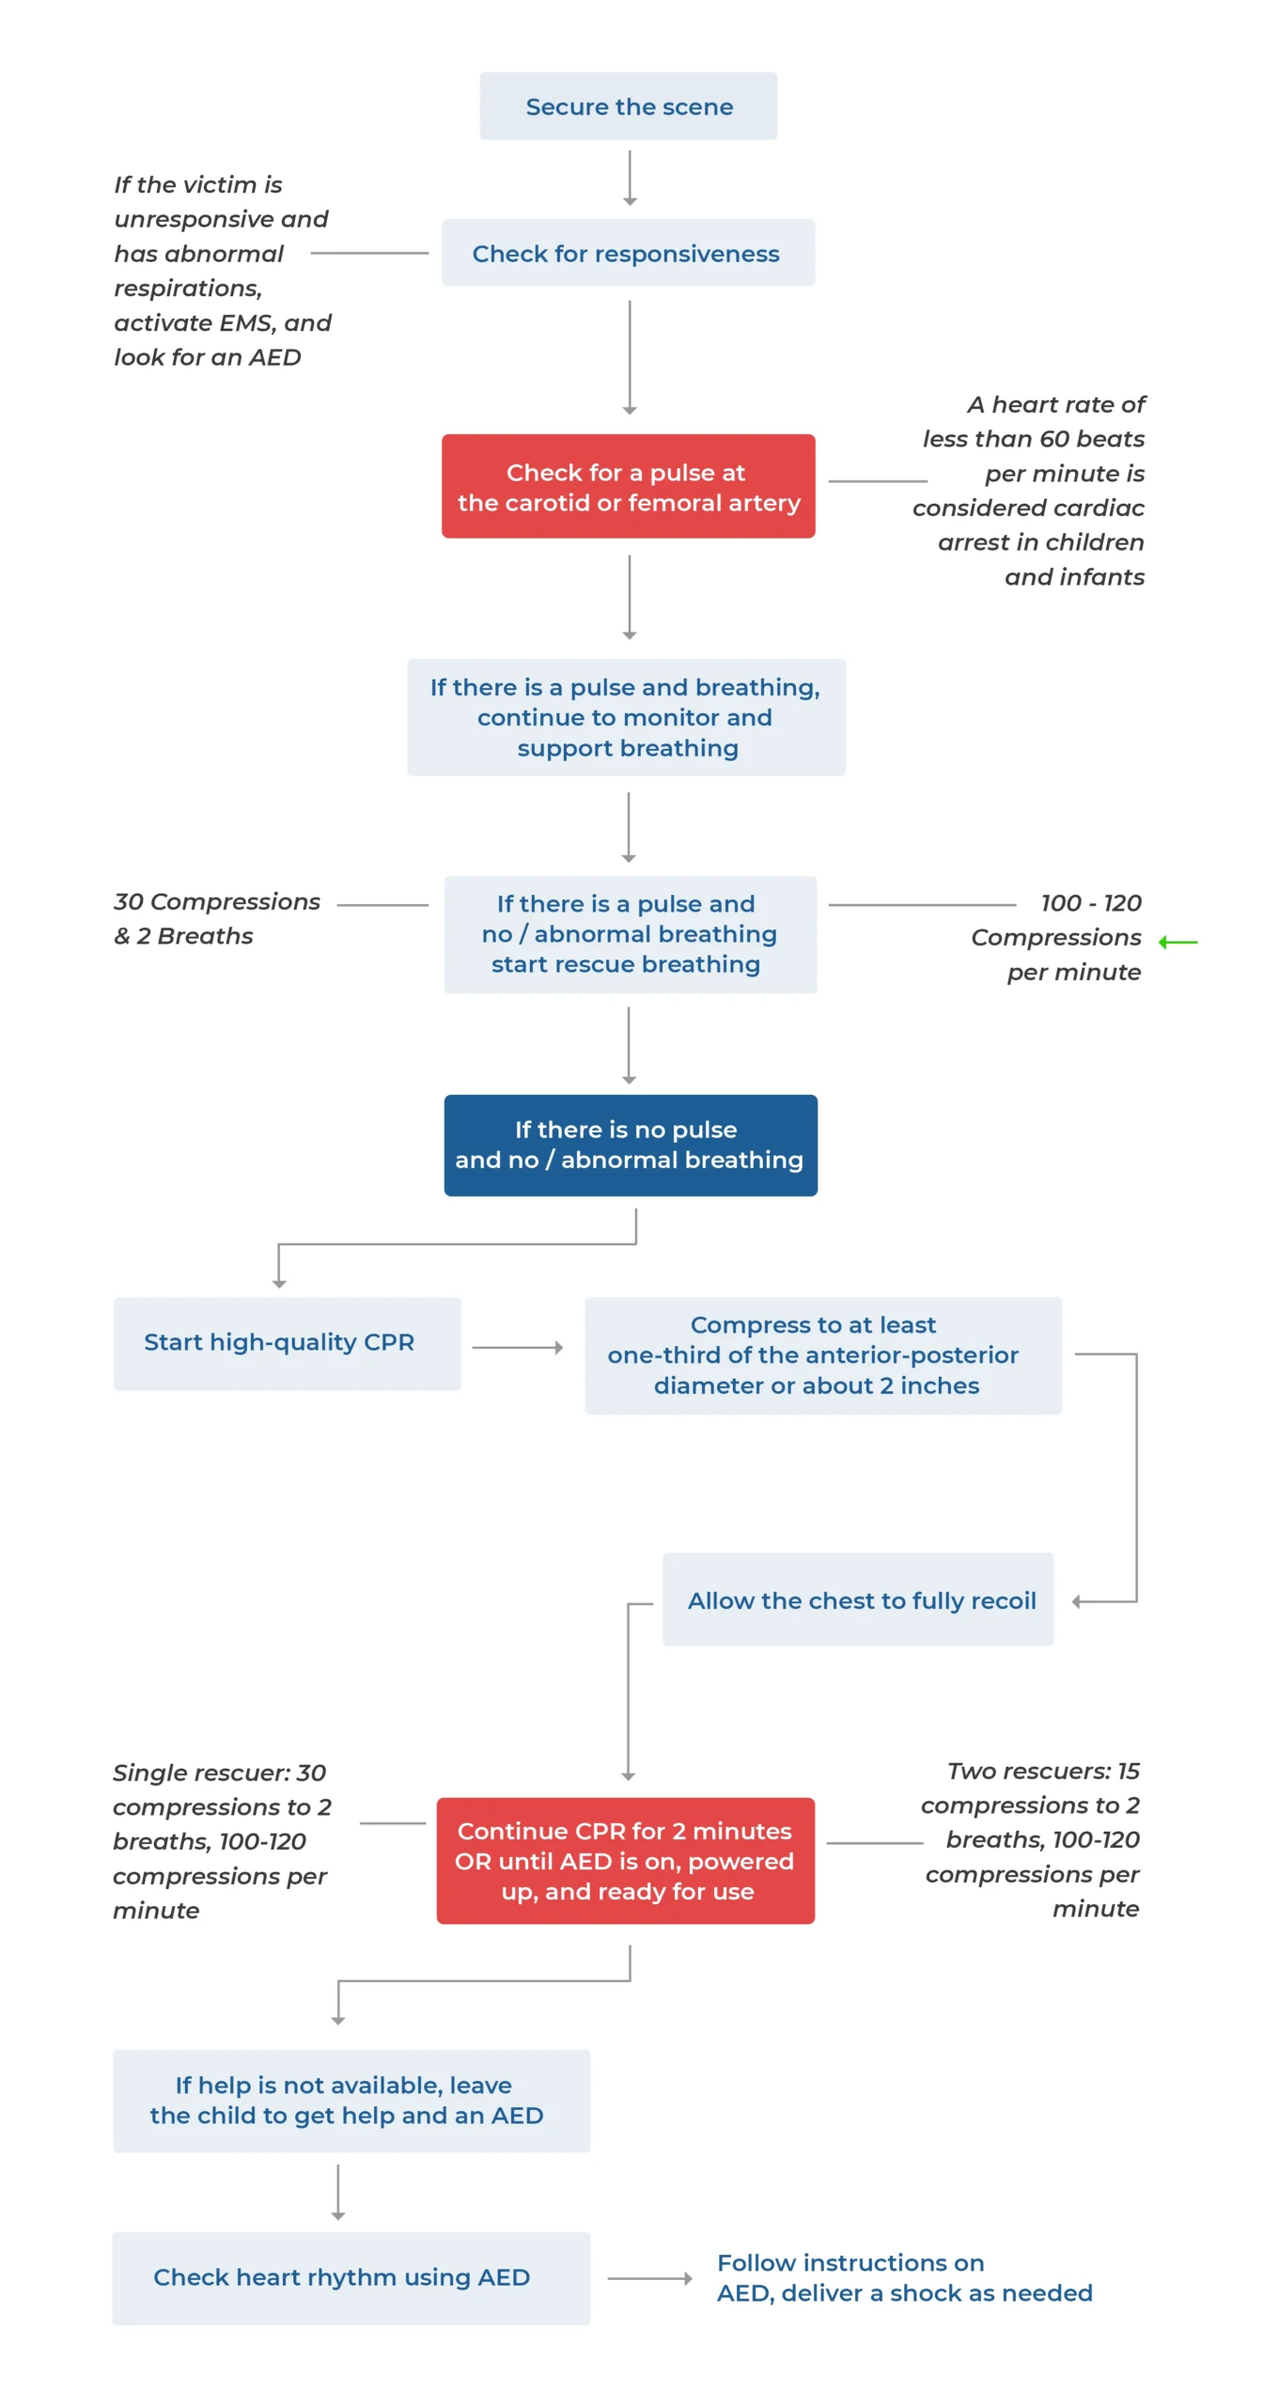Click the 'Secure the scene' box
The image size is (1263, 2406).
click(628, 106)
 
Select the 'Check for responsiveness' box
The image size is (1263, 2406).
click(628, 253)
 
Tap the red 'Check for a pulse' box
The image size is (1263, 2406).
click(628, 486)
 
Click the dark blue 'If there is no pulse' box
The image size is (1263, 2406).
click(630, 1145)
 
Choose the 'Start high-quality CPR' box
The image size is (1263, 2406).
click(287, 1343)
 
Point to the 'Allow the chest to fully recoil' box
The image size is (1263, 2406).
click(857, 1599)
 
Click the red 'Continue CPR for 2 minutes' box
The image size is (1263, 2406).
click(625, 1860)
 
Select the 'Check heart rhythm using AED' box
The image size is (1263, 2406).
click(351, 2277)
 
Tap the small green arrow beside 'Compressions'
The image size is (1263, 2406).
click(1178, 942)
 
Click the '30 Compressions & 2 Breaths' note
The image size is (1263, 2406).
click(216, 918)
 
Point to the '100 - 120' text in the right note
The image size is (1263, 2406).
click(1090, 903)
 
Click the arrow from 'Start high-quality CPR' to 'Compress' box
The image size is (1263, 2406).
click(517, 1348)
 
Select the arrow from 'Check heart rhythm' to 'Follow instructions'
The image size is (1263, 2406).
click(649, 2278)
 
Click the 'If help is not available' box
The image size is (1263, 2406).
click(351, 2101)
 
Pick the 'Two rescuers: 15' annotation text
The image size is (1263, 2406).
click(1043, 1771)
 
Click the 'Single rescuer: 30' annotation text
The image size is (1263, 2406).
click(219, 1773)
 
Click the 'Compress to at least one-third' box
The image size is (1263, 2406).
click(822, 1355)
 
